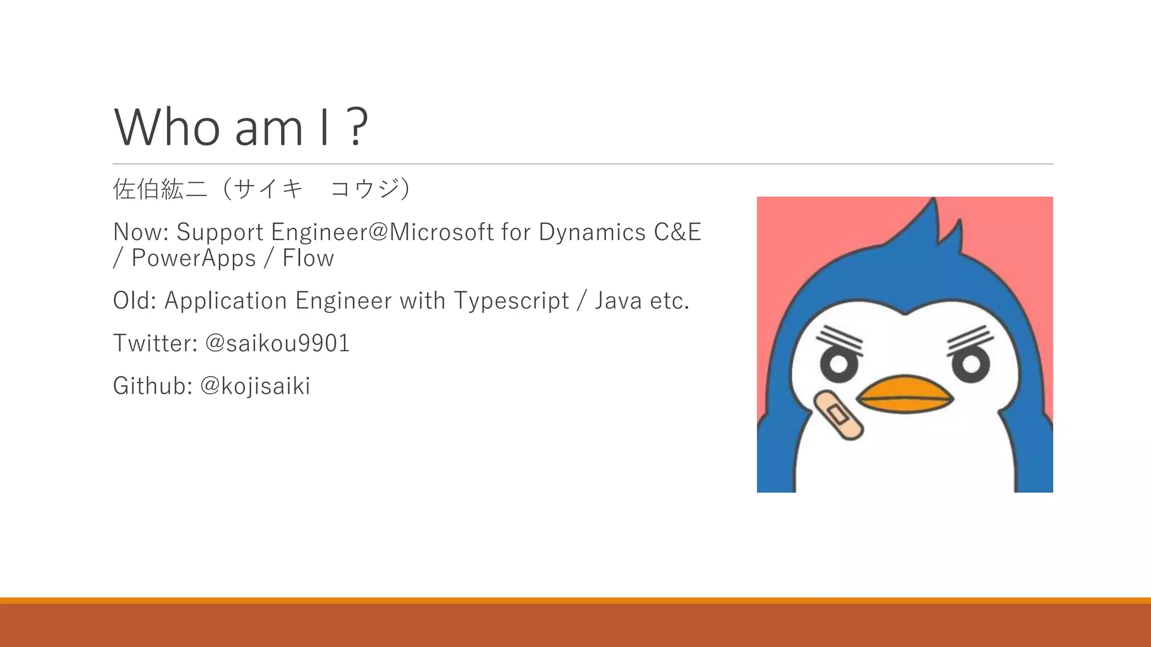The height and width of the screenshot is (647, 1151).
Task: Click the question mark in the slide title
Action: click(x=356, y=127)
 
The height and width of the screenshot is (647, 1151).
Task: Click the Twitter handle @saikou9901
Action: click(x=277, y=343)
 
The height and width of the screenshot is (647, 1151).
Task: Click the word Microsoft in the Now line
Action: click(x=441, y=232)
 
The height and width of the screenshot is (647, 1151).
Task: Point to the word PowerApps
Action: click(x=193, y=258)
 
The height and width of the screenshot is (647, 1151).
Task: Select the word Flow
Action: click(x=308, y=258)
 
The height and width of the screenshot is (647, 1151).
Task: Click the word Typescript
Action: click(x=511, y=300)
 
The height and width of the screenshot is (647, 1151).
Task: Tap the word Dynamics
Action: click(x=592, y=232)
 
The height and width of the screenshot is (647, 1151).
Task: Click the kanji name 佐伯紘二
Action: click(x=160, y=189)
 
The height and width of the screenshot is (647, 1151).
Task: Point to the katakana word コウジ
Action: click(x=365, y=189)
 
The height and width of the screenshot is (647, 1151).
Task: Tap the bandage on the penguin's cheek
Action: click(x=838, y=414)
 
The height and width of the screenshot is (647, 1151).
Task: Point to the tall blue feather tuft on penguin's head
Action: click(x=928, y=225)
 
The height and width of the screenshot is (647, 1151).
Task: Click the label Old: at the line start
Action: click(x=134, y=300)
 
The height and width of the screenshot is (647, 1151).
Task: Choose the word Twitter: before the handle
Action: click(x=155, y=343)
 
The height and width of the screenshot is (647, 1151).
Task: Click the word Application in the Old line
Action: click(x=225, y=300)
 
